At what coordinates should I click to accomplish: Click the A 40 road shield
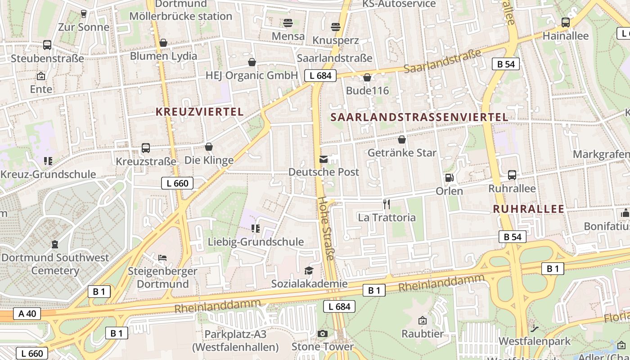[27, 313]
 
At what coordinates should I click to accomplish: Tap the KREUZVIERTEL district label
[199, 112]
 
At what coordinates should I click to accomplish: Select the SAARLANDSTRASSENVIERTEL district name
[419, 117]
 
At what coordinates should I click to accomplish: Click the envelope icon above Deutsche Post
[324, 159]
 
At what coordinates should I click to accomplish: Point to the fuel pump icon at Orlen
[449, 178]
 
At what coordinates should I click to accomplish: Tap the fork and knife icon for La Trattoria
[387, 204]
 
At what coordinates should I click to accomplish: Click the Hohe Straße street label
[326, 228]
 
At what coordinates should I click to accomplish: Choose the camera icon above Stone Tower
[323, 333]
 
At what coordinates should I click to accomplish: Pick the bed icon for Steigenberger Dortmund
[162, 258]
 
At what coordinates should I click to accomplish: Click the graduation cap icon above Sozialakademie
[309, 270]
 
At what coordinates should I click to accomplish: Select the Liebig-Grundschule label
[256, 242]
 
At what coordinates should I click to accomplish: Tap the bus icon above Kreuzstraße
[146, 148]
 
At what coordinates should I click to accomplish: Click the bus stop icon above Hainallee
[566, 22]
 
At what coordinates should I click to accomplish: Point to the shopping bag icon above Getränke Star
[402, 139]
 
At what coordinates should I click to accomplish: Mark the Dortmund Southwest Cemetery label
[55, 264]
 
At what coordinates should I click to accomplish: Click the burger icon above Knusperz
[335, 27]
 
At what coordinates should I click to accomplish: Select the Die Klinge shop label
[209, 160]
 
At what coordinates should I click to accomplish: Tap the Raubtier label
[423, 334]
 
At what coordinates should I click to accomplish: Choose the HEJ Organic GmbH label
[252, 75]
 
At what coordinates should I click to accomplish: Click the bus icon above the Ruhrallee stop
[512, 175]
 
